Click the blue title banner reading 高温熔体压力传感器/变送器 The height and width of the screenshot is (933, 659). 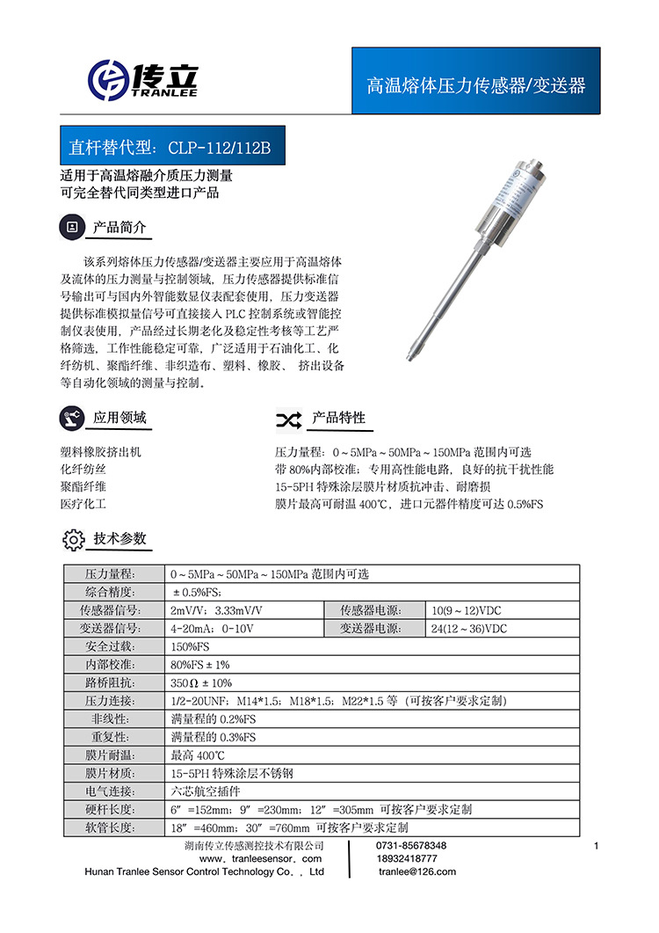[x=475, y=84]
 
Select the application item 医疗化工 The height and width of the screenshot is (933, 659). [x=83, y=505]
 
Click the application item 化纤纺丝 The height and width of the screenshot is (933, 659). [x=83, y=470]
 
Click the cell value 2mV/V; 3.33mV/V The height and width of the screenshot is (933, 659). [x=216, y=610]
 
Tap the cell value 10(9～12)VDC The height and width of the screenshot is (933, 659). [x=467, y=610]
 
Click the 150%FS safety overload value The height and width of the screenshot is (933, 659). [x=190, y=646]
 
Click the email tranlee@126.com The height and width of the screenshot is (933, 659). [x=417, y=871]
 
